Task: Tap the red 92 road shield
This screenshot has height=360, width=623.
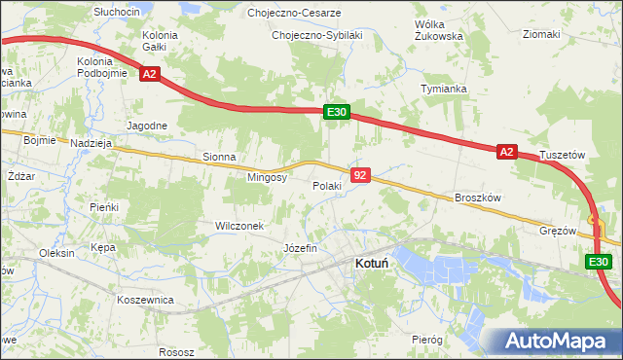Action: point(360,175)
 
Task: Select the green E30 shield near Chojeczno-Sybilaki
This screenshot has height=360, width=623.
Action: point(337,113)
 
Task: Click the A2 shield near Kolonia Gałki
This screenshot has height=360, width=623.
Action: point(149,73)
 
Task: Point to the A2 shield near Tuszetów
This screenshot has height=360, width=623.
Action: point(506,152)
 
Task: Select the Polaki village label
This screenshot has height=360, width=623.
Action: point(326,186)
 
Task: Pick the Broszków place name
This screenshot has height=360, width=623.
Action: point(477,198)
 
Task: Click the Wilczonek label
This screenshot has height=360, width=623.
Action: point(239,226)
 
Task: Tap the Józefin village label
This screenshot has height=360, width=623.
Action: point(300,248)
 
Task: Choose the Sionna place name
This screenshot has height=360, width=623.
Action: point(220,156)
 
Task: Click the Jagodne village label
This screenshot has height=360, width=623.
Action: point(148,126)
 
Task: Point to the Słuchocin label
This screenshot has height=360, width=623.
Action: point(117,11)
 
